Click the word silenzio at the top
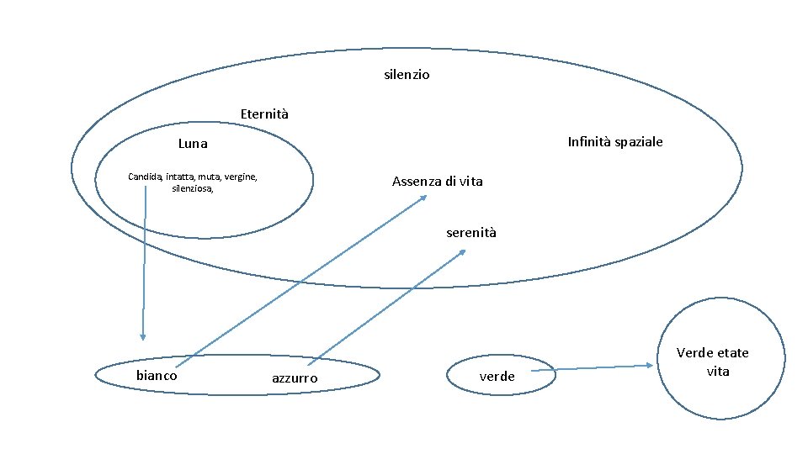point(407,75)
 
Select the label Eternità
point(263,113)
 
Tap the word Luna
point(193,144)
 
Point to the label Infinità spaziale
point(615,141)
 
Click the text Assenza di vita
point(437,182)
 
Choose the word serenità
point(470,232)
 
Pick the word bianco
point(157,376)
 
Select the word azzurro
point(295,379)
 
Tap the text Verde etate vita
point(713,362)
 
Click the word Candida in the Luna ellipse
point(145,177)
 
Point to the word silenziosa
point(192,189)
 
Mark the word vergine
point(241,177)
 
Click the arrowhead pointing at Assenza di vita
point(423,198)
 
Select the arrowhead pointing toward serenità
point(462,252)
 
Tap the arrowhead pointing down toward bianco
point(142,336)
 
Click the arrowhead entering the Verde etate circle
point(651,365)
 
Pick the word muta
point(210,177)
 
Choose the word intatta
point(179,177)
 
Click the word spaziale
point(638,141)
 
